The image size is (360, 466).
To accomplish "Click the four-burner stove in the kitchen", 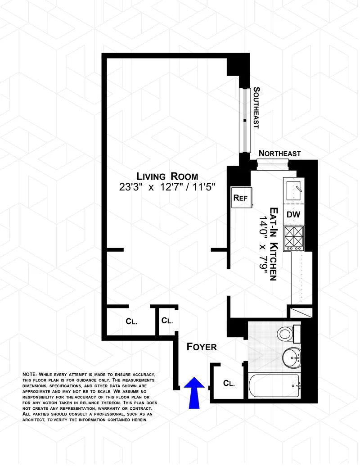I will point(293,238).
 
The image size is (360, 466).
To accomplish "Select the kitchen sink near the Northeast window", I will point(293,190).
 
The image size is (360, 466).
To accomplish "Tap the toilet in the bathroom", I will point(287,334).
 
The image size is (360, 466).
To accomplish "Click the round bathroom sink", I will point(291,358).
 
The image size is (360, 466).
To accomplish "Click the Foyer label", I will point(202,347).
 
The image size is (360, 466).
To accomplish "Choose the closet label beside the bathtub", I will point(229,384).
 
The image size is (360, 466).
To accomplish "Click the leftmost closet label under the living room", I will point(131,321).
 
